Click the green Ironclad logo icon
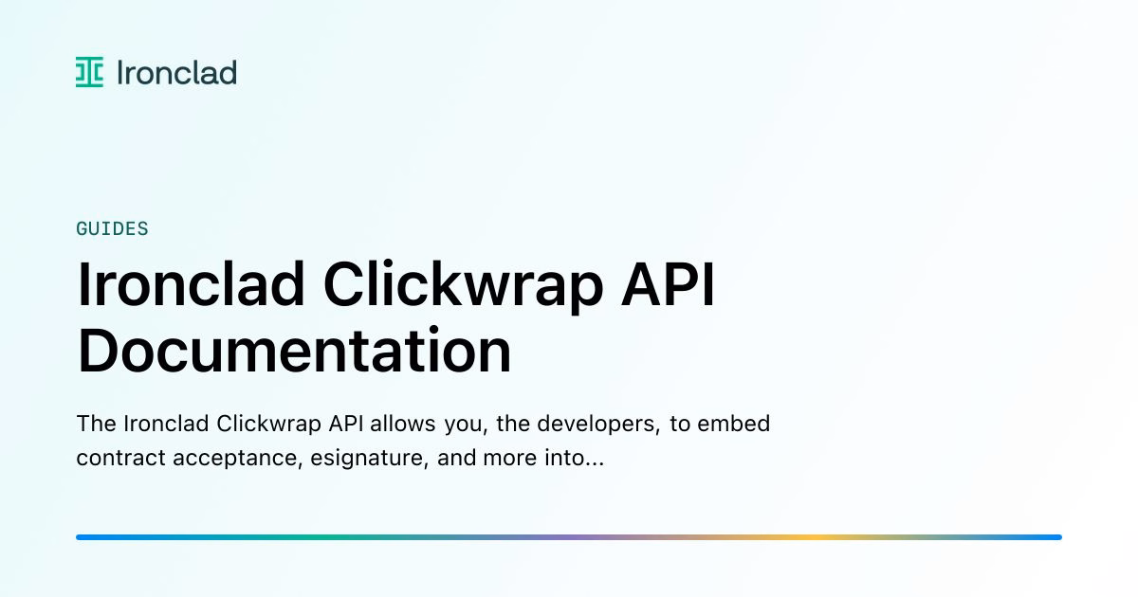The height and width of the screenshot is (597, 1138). [x=89, y=72]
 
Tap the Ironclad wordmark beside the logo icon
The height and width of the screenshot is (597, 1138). [x=176, y=72]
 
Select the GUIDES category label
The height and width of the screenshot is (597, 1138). [x=112, y=229]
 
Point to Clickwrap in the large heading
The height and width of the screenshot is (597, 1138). [x=463, y=286]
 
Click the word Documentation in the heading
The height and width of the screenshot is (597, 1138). [x=294, y=351]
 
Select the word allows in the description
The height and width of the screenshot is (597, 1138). [x=402, y=424]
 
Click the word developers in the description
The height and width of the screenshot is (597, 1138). [x=598, y=424]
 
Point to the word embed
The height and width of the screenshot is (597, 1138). [x=733, y=424]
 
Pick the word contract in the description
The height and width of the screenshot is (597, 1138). [x=121, y=458]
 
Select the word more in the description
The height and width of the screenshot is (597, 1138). [x=509, y=459]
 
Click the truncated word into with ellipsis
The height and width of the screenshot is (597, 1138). [x=574, y=458]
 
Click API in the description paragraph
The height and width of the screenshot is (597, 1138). [x=345, y=424]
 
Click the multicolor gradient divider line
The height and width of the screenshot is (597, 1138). [x=569, y=537]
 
